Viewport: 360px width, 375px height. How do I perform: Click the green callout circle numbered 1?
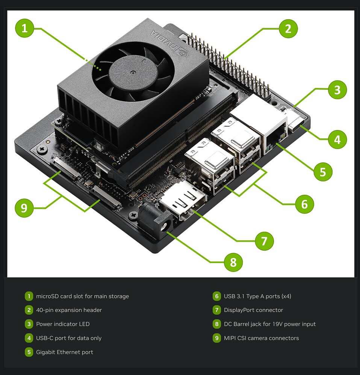coord(24,29)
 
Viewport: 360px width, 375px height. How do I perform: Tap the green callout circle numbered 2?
coord(288,29)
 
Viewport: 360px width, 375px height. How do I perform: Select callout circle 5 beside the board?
coord(323,172)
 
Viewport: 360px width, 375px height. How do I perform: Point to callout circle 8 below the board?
coord(233,262)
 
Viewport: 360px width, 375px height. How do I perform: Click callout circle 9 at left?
coord(24,208)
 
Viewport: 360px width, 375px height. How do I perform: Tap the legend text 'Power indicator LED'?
coord(63,324)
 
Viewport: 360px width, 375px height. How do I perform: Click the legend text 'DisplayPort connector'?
coord(253,310)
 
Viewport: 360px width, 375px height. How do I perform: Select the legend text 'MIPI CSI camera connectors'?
coord(261,338)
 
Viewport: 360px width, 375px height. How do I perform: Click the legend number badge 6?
coord(216,296)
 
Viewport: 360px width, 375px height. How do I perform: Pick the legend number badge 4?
coord(29,338)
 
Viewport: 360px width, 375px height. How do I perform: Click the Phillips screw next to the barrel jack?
coord(133,216)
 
